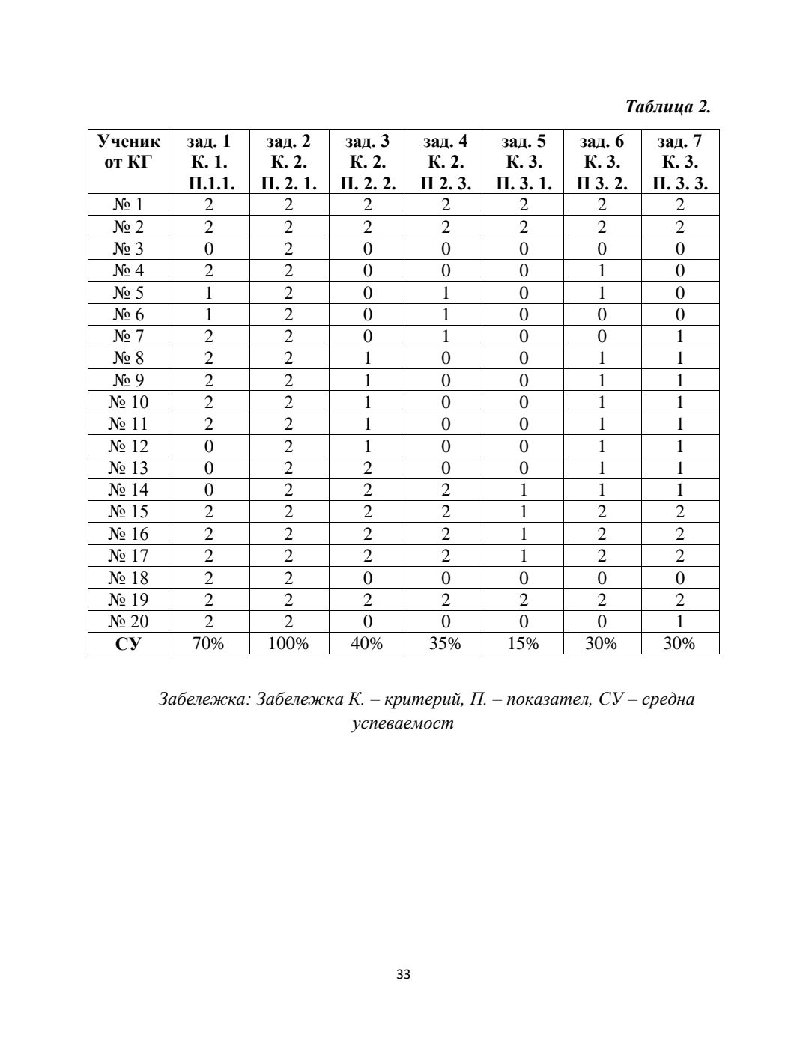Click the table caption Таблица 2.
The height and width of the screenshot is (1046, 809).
click(x=667, y=106)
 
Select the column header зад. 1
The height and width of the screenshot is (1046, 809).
click(x=209, y=162)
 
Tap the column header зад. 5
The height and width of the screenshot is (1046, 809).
click(x=524, y=162)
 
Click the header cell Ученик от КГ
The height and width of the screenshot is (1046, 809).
click(x=128, y=151)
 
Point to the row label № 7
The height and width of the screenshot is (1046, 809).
click(x=128, y=336)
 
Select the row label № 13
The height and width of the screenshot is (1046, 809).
click(x=128, y=468)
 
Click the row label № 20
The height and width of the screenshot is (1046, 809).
click(x=128, y=621)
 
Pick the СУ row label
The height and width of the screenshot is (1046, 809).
click(x=128, y=643)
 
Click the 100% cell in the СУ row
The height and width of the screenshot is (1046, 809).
click(x=288, y=643)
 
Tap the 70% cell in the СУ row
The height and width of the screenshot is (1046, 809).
click(x=209, y=643)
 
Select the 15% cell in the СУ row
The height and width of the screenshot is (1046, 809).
click(x=524, y=643)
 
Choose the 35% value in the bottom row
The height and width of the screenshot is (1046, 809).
click(x=445, y=643)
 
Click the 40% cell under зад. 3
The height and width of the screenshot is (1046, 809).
click(x=367, y=643)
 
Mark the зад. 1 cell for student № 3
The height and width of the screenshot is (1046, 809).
click(x=209, y=249)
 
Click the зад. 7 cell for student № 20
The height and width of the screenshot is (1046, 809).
click(x=679, y=621)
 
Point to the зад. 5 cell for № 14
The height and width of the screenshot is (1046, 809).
click(x=524, y=490)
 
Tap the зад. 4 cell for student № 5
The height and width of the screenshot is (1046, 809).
click(x=445, y=293)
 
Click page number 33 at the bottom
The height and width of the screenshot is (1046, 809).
click(x=404, y=975)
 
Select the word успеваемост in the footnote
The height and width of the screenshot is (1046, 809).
click(x=403, y=724)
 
